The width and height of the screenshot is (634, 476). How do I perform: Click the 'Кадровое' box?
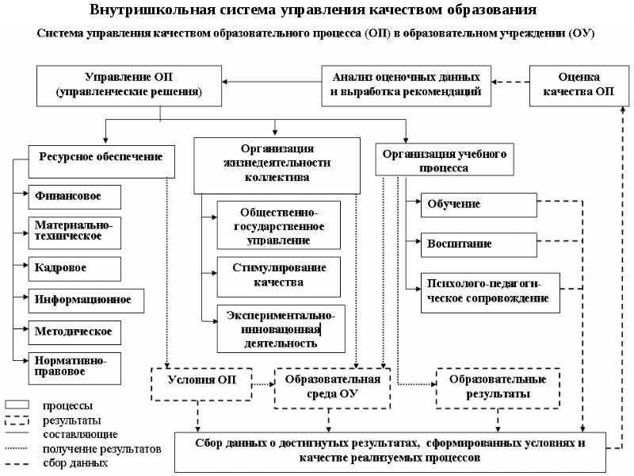pyautogui.click(x=74, y=267)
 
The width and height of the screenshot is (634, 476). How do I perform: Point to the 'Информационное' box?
pyautogui.click(x=80, y=301)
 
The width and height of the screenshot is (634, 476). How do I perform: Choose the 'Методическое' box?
pyautogui.click(x=74, y=332)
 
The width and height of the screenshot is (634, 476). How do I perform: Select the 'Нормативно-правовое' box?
pyautogui.click(x=74, y=364)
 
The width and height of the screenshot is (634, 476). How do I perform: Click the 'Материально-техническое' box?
pyautogui.click(x=74, y=230)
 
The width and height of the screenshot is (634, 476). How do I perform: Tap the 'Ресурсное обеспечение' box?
pyautogui.click(x=101, y=156)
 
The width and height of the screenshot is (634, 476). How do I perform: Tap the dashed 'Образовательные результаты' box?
pyautogui.click(x=498, y=386)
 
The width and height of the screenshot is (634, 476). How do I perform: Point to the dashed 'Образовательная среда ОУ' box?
pyautogui.click(x=333, y=386)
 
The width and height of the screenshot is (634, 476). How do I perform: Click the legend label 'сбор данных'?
pyautogui.click(x=76, y=463)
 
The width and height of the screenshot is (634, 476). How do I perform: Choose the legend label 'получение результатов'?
pyautogui.click(x=102, y=448)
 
